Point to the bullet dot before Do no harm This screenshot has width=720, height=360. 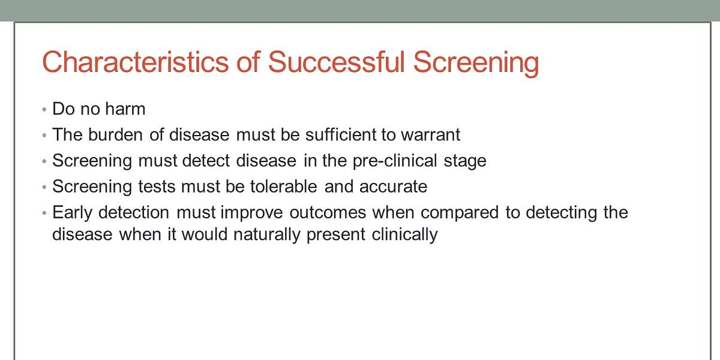pyautogui.click(x=44, y=110)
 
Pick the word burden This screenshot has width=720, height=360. pyautogui.click(x=116, y=134)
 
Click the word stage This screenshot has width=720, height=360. pyautogui.click(x=466, y=161)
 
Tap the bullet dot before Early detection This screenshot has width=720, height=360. pyautogui.click(x=44, y=214)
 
